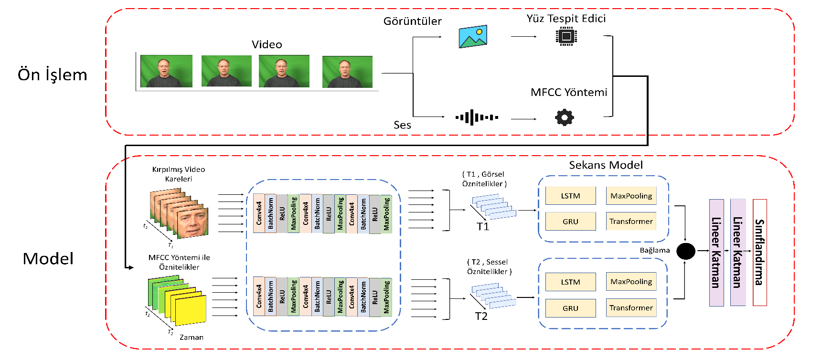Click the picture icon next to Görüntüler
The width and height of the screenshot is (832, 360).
pyautogui.click(x=473, y=36)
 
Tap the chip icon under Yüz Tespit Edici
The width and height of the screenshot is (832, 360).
pyautogui.click(x=566, y=36)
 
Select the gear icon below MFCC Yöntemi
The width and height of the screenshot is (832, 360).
pyautogui.click(x=564, y=117)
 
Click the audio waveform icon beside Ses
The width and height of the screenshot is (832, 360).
pyautogui.click(x=477, y=117)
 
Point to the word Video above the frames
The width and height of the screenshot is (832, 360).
pyautogui.click(x=267, y=44)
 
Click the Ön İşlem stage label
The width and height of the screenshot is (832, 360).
pyautogui.click(x=53, y=75)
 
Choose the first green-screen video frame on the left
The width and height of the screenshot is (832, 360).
pyautogui.click(x=166, y=71)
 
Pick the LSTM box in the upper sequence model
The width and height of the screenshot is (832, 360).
pyautogui.click(x=570, y=196)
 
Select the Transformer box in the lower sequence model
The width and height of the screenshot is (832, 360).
pyautogui.click(x=631, y=308)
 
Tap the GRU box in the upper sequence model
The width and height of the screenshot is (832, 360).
pyautogui.click(x=570, y=222)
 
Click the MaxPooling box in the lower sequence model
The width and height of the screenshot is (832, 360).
pyautogui.click(x=631, y=282)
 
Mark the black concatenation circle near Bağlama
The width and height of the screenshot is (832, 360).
pyautogui.click(x=686, y=251)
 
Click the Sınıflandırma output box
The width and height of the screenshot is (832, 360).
pyautogui.click(x=759, y=252)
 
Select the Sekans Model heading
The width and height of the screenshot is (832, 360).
pyautogui.click(x=606, y=165)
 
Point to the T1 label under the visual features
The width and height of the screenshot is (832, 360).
pyautogui.click(x=483, y=227)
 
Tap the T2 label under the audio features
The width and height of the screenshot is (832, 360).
pyautogui.click(x=481, y=317)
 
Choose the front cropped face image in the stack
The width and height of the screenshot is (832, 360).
pyautogui.click(x=192, y=223)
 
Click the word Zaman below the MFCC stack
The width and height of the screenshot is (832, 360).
pyautogui.click(x=192, y=337)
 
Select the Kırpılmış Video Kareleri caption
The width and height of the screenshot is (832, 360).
pyautogui.click(x=179, y=174)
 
